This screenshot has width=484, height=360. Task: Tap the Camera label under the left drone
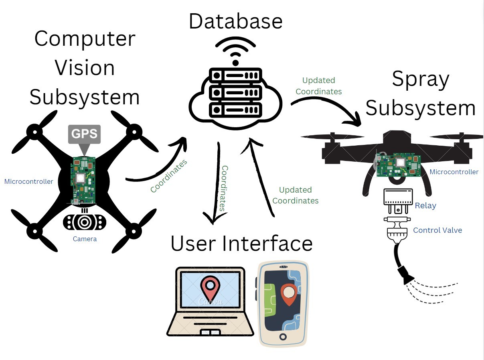click(x=85, y=239)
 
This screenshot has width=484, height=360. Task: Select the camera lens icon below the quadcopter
click(x=85, y=222)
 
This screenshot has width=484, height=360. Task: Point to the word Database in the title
click(x=235, y=21)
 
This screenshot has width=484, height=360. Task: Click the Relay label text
click(x=425, y=205)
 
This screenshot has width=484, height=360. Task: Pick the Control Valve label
click(x=437, y=230)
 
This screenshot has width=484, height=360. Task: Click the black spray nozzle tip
click(x=406, y=275)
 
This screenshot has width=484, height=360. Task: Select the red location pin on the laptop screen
click(x=209, y=288)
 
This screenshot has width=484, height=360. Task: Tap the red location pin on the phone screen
click(x=289, y=294)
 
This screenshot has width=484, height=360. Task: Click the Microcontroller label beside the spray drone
click(x=454, y=172)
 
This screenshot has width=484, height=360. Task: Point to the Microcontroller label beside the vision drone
click(x=28, y=181)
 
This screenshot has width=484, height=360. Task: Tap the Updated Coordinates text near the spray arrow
click(x=319, y=86)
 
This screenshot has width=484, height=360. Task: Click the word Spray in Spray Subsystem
click(x=420, y=79)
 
